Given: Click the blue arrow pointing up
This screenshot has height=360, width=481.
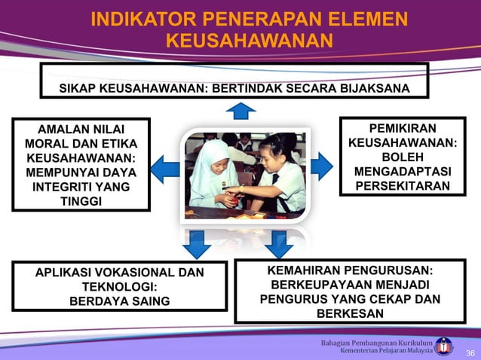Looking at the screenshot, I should [x=240, y=111].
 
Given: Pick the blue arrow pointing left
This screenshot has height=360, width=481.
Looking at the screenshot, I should [x=164, y=167].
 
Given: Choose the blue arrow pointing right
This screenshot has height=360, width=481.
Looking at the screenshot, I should [x=321, y=166].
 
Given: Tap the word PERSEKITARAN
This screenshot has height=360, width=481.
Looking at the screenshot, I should [x=402, y=185].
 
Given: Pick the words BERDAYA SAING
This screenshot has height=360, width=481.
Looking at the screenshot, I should [x=119, y=301].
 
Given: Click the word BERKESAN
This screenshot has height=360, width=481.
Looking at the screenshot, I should [x=348, y=313].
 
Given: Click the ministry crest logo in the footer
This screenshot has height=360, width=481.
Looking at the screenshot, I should [x=445, y=346].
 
